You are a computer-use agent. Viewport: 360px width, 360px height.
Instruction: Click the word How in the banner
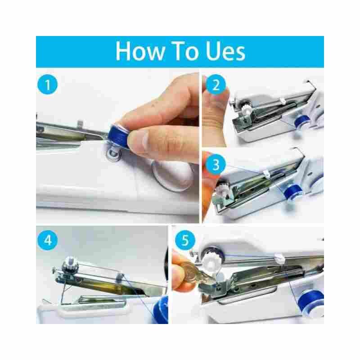139,51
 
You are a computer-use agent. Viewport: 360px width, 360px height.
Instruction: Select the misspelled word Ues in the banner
225,51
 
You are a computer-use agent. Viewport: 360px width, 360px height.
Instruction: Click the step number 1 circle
48,84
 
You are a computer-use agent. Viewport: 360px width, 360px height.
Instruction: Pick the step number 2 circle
216,85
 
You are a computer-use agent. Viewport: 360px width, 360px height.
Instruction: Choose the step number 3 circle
216,164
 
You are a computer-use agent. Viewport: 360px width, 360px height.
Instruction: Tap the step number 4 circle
48,240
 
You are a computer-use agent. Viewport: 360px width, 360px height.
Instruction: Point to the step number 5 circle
185,240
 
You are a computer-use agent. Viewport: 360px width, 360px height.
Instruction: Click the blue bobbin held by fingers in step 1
118,137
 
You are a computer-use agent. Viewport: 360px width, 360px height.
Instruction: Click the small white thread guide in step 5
279,258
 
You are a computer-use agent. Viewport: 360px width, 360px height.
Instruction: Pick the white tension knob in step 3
222,186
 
